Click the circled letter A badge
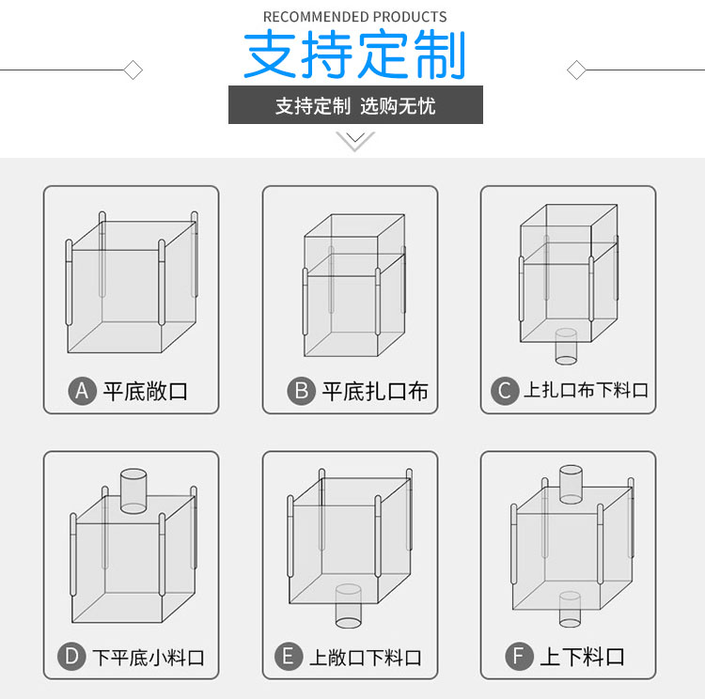click(x=83, y=390)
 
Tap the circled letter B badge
click(x=301, y=390)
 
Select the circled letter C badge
click(x=505, y=390)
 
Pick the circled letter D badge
click(x=72, y=656)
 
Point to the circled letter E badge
click(x=289, y=656)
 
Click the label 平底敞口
click(x=146, y=391)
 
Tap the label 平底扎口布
click(x=374, y=391)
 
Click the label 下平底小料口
click(x=148, y=657)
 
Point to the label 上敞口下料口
click(x=365, y=657)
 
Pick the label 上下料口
click(x=582, y=657)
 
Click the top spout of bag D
click(x=133, y=491)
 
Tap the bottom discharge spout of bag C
click(x=567, y=347)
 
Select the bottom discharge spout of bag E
click(x=348, y=607)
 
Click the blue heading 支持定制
click(x=354, y=55)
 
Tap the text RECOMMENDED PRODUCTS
click(x=354, y=16)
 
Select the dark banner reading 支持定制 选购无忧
click(x=355, y=105)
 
